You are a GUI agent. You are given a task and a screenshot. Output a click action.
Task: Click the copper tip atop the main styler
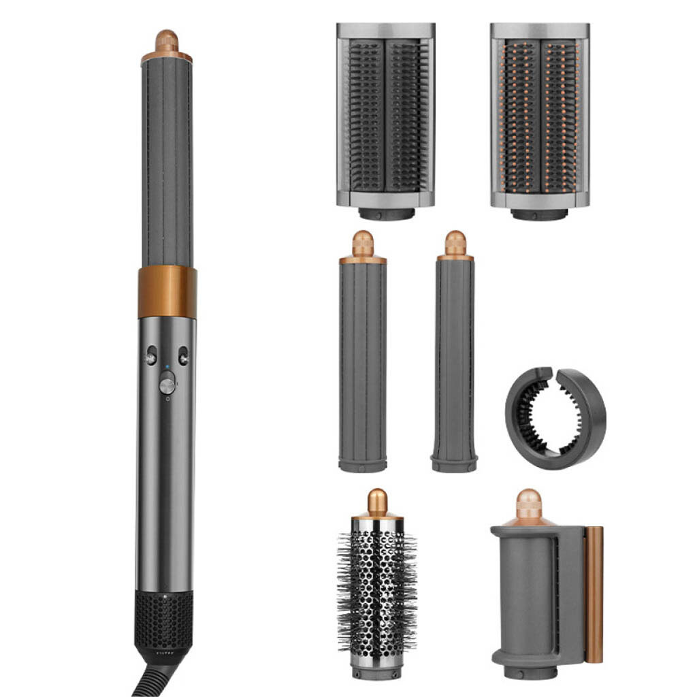pos(166,42)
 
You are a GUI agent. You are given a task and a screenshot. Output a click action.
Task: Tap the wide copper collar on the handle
pos(167,292)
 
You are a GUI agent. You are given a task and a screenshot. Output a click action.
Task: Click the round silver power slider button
pos(167,385)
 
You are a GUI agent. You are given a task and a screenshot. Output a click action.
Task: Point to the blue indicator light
pos(167,368)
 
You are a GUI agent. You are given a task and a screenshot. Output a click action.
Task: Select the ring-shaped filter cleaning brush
pos(555,418)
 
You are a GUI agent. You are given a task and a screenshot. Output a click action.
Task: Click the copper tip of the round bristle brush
pos(377,502)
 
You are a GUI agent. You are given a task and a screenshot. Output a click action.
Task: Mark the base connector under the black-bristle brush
pos(386,214)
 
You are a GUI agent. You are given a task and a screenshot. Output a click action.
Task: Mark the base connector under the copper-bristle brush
pos(539,214)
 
